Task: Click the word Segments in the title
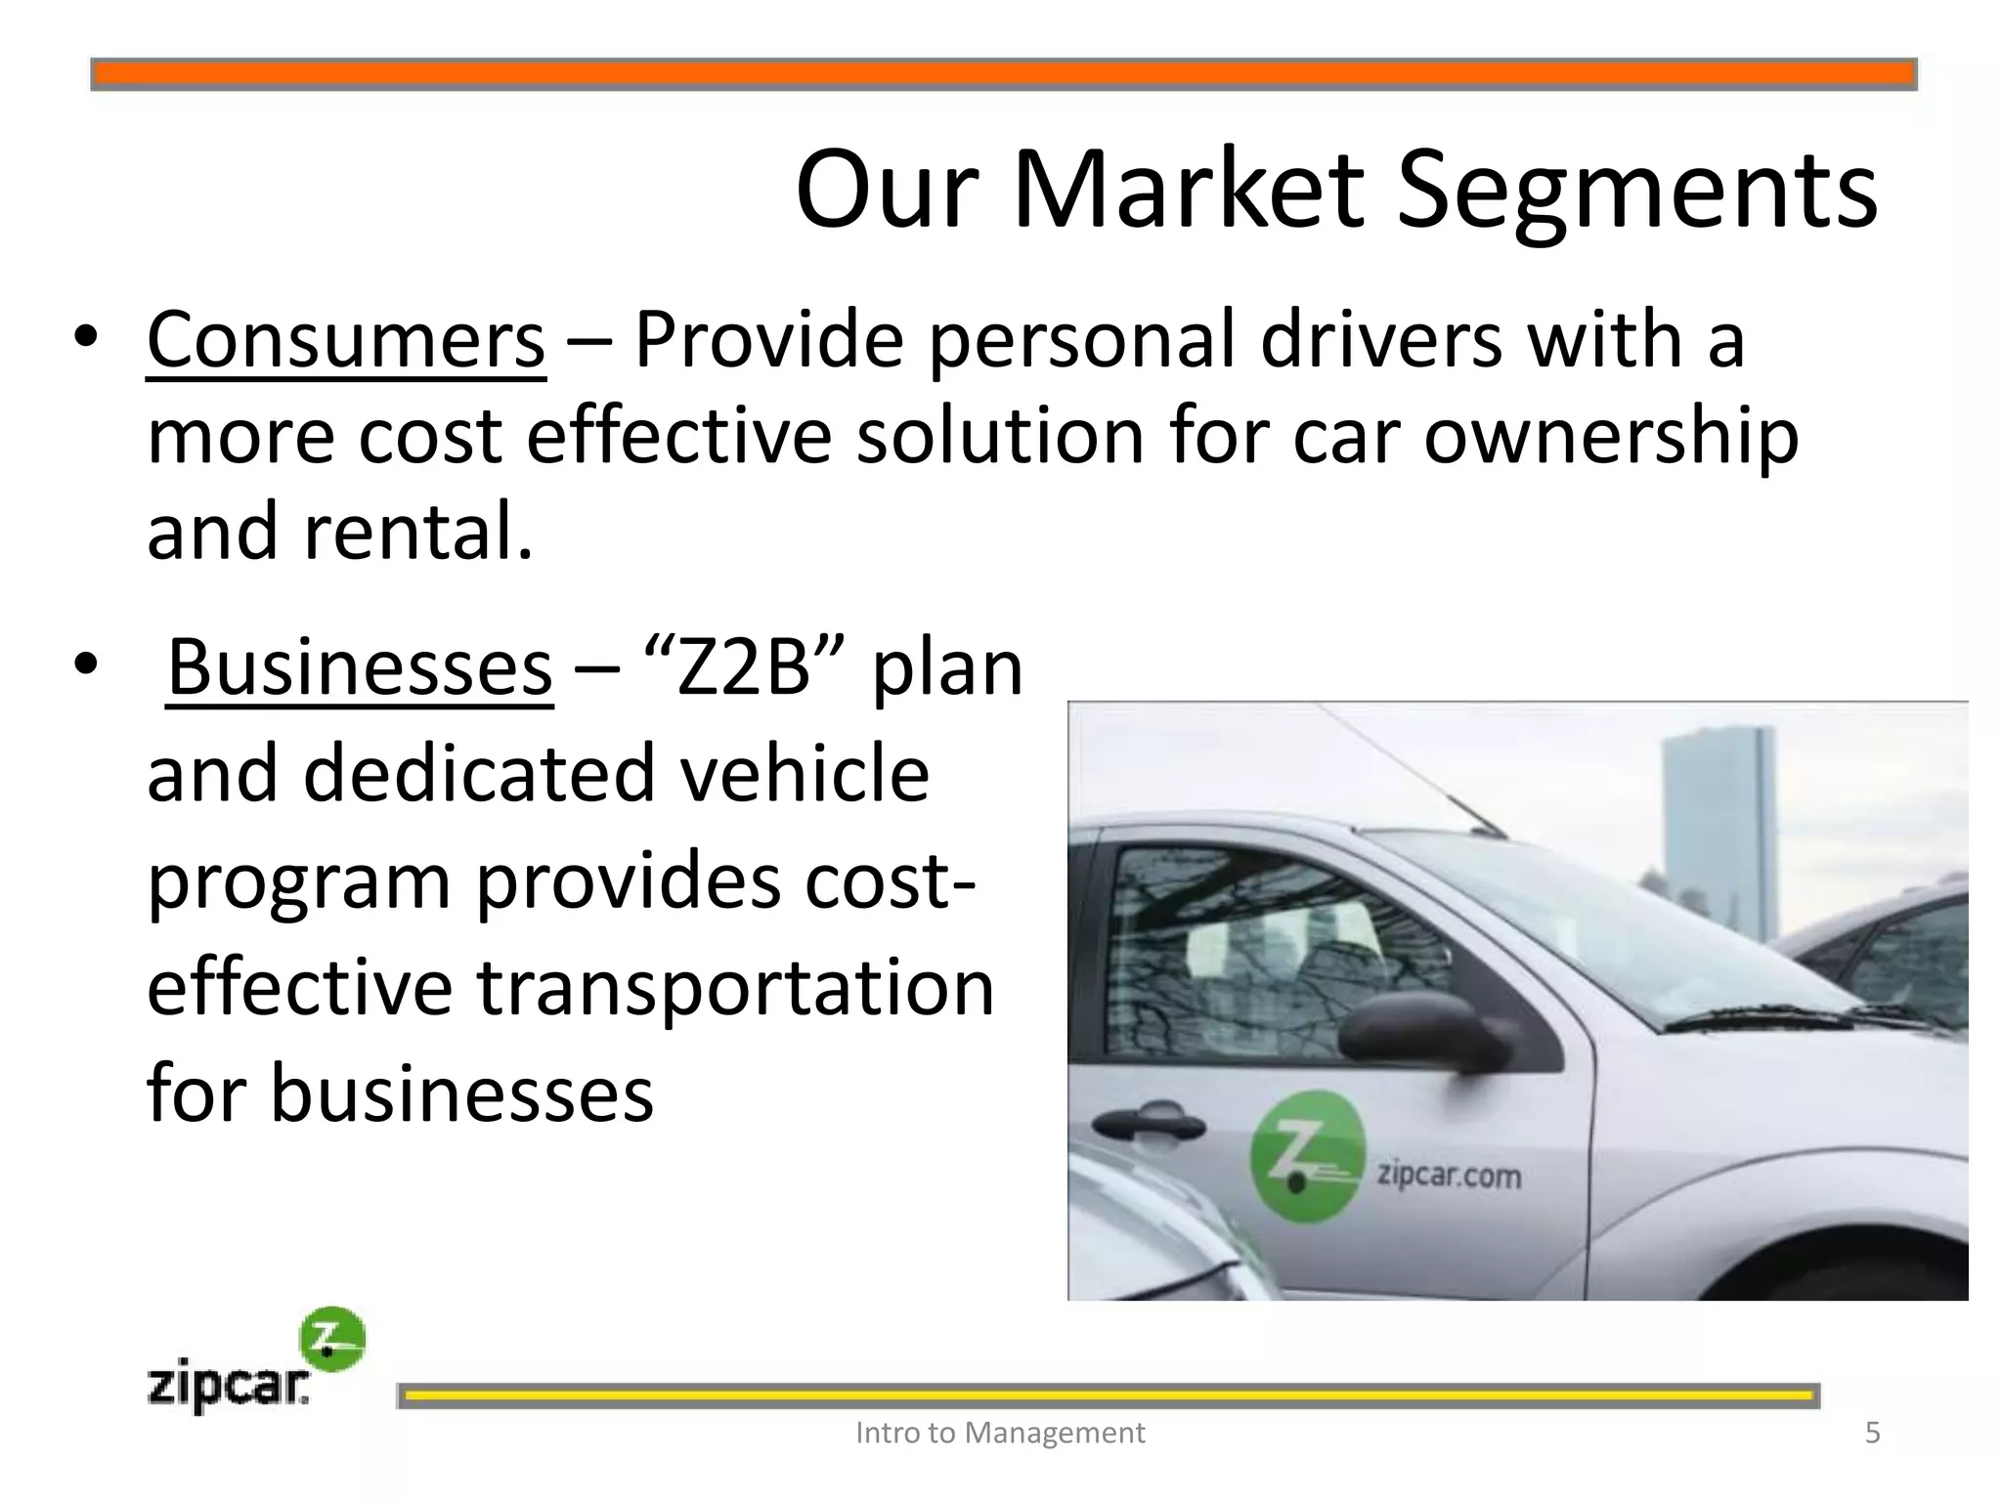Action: coord(1636,191)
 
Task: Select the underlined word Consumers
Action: coord(346,340)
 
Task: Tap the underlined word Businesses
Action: coord(360,668)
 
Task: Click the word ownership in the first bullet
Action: coord(1610,437)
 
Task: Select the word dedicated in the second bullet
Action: coord(479,774)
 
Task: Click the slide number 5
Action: coord(1872,1433)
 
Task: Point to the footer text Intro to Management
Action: coord(1000,1433)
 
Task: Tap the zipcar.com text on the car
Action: coord(1449,1174)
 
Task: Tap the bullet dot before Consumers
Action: coord(85,337)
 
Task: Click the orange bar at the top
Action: coord(1003,74)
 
